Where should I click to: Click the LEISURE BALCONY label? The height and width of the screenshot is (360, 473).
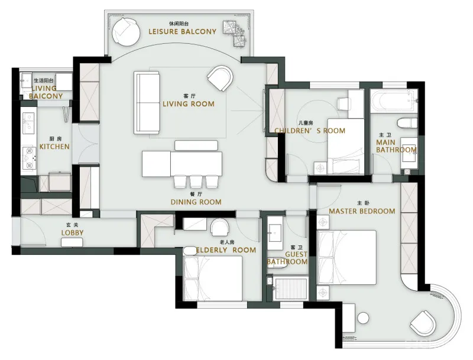[182, 31]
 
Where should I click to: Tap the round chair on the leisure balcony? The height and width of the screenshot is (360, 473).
[126, 32]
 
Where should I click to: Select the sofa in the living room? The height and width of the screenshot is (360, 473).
[147, 102]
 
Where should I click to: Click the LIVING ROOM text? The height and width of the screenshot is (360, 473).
[189, 103]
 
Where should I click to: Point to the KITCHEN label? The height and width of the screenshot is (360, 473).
[54, 147]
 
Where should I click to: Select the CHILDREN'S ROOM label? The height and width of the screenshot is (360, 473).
[310, 131]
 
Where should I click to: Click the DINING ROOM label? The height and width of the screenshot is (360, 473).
[196, 202]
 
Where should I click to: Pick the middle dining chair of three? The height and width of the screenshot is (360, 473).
[196, 181]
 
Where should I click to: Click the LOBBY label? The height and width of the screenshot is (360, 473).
[72, 232]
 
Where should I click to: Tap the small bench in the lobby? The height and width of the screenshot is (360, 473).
[72, 242]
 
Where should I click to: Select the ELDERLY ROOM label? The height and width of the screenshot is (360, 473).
[226, 250]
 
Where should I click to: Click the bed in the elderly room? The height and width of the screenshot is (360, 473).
[213, 278]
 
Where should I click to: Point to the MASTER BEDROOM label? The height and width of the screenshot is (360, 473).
[362, 211]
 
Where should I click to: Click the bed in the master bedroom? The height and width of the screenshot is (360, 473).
[346, 258]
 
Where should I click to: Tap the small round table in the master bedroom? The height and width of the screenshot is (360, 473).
[363, 318]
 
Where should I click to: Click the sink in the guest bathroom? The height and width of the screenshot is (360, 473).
[274, 233]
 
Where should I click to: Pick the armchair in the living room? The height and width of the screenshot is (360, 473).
[221, 78]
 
